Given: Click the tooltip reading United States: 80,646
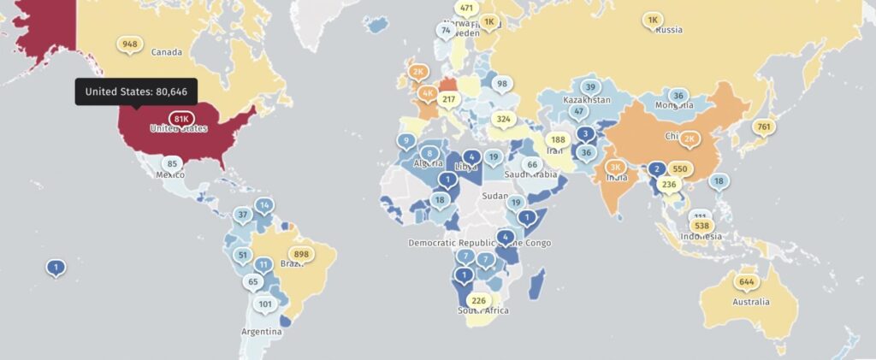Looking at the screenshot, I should tap(137, 91).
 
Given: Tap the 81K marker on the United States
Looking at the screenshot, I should tap(181, 119).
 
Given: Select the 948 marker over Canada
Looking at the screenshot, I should tap(130, 44).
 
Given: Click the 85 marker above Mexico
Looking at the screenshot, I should tap(172, 163).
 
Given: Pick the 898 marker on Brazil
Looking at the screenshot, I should tap(300, 254).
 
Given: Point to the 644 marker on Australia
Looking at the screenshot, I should tap(746, 281).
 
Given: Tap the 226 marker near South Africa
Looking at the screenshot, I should tap(479, 299).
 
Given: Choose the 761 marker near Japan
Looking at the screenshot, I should tap(763, 127).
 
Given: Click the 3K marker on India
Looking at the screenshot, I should tap(614, 167).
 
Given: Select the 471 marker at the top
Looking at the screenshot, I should tap(465, 8).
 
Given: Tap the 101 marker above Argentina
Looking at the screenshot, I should tap(265, 304).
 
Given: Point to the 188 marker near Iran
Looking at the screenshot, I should tap(559, 139).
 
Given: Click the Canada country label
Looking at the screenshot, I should tap(167, 52).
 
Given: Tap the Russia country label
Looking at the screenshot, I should tap(668, 30).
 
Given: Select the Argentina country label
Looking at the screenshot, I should tap(261, 332).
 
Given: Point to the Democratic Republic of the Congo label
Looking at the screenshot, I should tap(480, 243).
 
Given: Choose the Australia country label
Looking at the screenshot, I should tap(749, 302).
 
